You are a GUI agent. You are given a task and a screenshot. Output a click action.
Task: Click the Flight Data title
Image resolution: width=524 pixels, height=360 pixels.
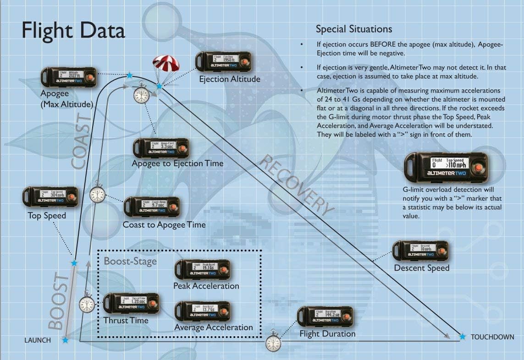[73, 31]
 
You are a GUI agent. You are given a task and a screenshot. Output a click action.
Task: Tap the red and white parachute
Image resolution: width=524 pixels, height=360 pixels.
[161, 65]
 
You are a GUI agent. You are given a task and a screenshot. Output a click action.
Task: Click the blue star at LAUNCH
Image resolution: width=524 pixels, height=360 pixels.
[66, 340]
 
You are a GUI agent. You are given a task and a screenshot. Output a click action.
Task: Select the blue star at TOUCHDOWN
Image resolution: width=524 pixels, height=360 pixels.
[463, 337]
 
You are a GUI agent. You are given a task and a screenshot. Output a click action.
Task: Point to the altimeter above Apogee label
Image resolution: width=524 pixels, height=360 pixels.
[69, 77]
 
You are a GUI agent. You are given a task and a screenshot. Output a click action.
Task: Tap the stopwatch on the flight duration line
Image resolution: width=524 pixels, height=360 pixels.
[274, 342]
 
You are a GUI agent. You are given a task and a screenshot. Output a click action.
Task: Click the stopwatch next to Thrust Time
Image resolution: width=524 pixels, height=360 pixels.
[87, 304]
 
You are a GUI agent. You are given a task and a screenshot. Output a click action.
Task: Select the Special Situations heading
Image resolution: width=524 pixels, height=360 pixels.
[354, 29]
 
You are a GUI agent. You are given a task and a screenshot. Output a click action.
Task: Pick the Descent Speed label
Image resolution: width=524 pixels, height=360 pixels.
[422, 268]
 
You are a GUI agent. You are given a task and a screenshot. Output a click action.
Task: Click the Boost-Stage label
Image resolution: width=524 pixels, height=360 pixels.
[130, 262]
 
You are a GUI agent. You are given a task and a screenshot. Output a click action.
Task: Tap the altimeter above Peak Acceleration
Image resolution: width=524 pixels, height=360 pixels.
[203, 270]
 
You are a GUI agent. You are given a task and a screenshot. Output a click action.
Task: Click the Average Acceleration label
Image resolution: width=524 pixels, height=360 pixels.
[214, 327]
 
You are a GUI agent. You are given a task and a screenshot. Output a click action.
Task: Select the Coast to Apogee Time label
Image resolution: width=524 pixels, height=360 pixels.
[164, 225]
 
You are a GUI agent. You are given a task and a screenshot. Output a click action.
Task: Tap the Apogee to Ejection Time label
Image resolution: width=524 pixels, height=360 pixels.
[177, 164]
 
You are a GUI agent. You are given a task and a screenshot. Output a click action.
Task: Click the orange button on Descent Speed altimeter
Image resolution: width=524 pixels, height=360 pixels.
[442, 251]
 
